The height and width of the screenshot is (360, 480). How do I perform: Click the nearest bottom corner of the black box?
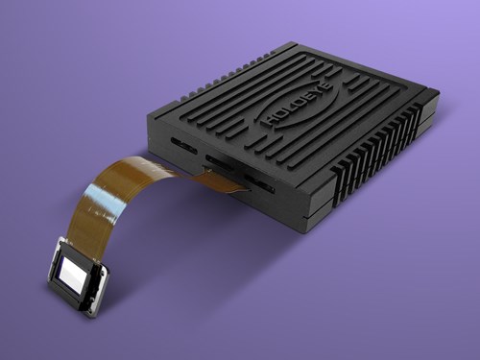tap(305, 231)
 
